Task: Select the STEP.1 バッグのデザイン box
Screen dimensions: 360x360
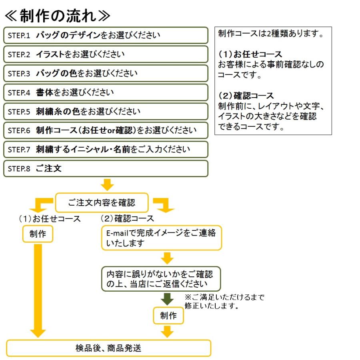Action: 106,35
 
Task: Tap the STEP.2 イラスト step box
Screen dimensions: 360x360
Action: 106,54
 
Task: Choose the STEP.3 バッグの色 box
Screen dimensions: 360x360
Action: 106,73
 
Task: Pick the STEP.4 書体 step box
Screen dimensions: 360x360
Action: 106,92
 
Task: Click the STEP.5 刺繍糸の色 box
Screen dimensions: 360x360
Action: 106,111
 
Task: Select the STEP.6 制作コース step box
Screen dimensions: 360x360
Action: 106,130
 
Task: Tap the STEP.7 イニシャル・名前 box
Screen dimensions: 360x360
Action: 106,150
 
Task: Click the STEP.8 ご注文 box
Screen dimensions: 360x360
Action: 106,168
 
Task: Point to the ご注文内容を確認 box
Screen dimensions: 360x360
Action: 102,202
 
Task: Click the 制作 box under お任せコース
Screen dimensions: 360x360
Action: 37,234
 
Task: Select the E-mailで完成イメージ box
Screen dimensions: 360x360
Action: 161,238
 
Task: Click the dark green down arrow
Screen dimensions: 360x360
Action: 168,299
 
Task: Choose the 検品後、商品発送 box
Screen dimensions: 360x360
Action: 108,348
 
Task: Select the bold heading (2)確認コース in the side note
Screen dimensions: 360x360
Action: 246,96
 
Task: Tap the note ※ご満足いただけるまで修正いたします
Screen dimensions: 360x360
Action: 224,302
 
